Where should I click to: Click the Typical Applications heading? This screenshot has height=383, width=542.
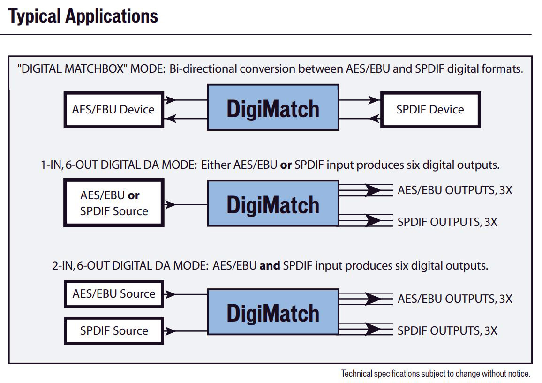83,16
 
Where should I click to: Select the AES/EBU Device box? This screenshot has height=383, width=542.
114,110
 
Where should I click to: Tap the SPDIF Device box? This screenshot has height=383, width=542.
430,110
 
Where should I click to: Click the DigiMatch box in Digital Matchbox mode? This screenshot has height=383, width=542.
273,107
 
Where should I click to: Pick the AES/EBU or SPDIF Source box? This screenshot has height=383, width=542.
114,203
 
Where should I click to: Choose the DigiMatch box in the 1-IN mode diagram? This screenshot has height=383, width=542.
273,203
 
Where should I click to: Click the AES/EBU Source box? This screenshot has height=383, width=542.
114,294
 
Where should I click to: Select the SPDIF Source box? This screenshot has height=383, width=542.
114,331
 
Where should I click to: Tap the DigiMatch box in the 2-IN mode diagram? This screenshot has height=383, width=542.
273,312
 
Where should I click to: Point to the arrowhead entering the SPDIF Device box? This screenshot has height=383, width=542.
374,100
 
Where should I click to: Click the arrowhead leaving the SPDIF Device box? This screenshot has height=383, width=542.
374,119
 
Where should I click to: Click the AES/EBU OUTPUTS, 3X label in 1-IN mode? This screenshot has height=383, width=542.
455,190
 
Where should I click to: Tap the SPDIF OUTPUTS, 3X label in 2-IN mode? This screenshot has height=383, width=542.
447,331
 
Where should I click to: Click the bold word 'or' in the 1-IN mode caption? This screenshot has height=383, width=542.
286,165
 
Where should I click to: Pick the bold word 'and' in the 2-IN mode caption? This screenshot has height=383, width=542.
270,265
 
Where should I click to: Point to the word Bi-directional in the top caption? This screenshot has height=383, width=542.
203,69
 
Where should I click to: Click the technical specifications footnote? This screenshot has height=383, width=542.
436,374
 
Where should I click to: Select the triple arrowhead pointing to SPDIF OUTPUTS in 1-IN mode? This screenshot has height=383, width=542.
373,220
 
